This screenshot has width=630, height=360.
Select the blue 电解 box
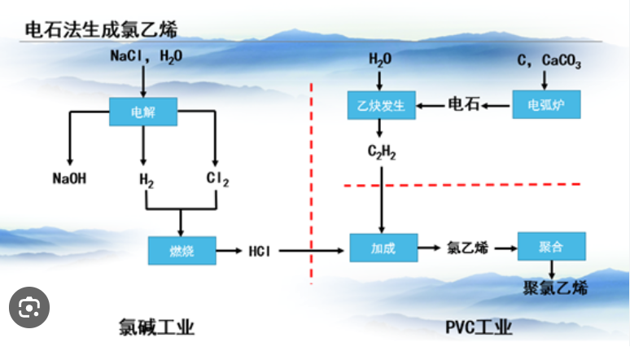pos(143,111)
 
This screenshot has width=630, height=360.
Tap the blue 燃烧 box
pos(182,250)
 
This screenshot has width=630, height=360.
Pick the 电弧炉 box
pos(546,105)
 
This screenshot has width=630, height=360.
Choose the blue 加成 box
pos(383,248)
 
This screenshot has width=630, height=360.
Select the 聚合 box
pos(551,246)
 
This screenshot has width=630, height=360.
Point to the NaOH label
pos(69,178)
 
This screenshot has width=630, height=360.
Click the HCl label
pos(261,250)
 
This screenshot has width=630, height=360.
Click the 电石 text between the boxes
pos(464,105)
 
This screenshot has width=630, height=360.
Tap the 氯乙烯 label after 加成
pos(467,248)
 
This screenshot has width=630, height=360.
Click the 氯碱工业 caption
pos(156,327)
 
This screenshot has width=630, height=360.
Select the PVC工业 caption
pos(479,327)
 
